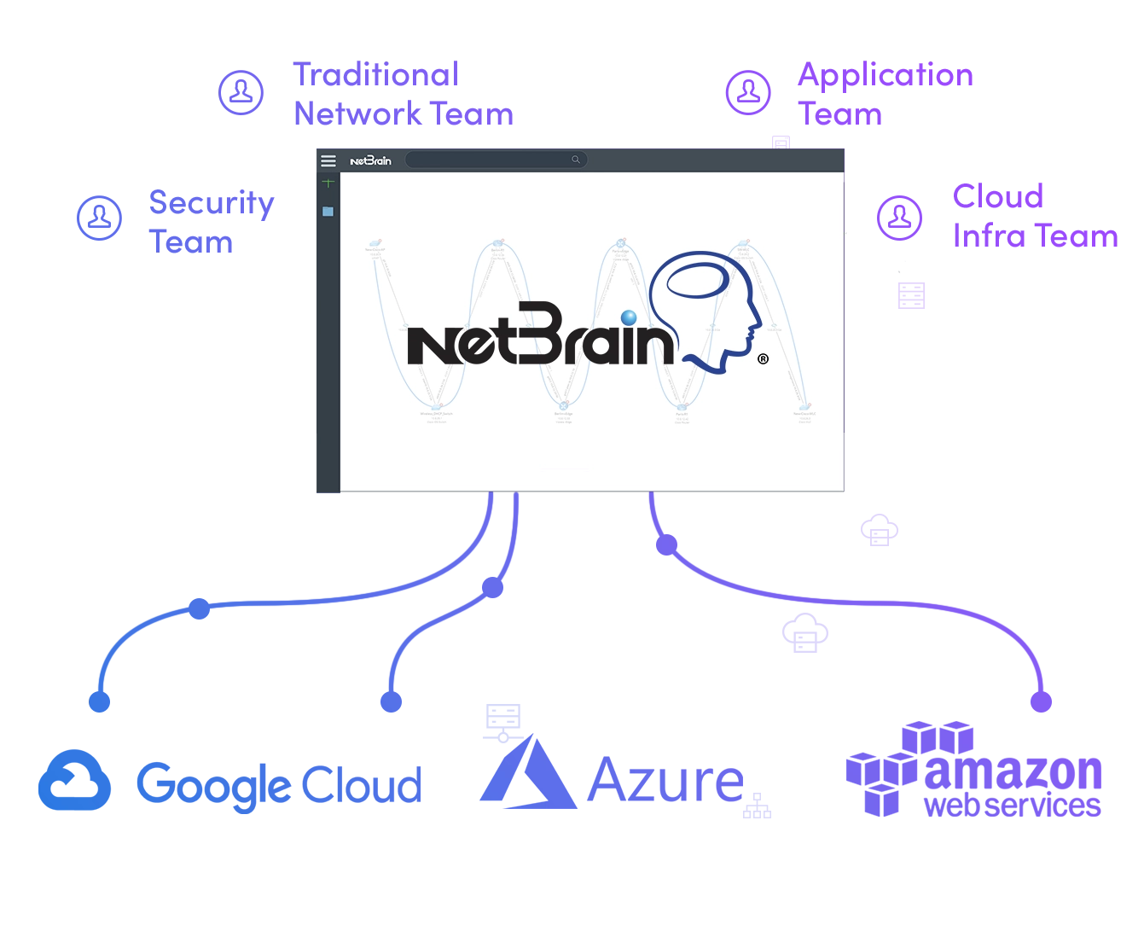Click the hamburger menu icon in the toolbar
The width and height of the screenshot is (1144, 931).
(x=328, y=160)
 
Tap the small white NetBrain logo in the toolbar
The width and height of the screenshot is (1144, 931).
(x=370, y=160)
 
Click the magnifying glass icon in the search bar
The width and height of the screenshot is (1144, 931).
(x=576, y=160)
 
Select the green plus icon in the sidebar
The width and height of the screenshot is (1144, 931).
(x=328, y=183)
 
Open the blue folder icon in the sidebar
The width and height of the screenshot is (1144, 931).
(x=328, y=212)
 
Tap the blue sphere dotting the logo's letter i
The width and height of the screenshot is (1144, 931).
(x=629, y=318)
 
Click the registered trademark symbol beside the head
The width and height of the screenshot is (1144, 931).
(x=763, y=359)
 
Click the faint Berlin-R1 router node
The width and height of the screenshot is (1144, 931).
(x=497, y=245)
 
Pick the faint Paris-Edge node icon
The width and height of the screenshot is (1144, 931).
(x=621, y=244)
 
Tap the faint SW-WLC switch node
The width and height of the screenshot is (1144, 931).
(x=743, y=244)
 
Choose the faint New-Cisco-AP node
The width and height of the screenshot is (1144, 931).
(x=375, y=244)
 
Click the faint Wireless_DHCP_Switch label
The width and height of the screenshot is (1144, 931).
(x=436, y=414)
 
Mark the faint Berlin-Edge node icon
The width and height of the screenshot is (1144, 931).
(x=563, y=406)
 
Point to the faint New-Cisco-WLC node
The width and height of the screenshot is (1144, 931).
(x=804, y=408)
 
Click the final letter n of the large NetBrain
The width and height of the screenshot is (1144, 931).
(x=657, y=346)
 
